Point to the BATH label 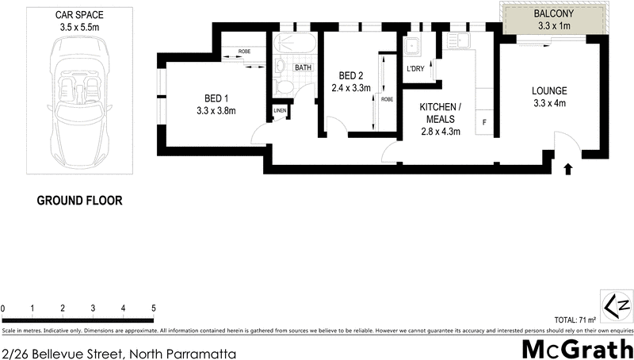(304, 68)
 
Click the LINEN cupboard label (280, 110)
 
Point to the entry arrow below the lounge (567, 168)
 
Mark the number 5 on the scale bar (153, 308)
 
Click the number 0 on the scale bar (3, 308)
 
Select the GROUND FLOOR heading (80, 201)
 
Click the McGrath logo (576, 347)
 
